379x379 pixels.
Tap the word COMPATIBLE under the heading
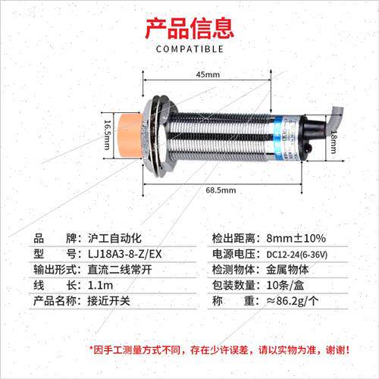point(189,49)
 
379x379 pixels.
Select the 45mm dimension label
point(208,74)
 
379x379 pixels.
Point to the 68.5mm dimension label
point(221,190)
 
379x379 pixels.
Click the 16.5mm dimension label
point(108,135)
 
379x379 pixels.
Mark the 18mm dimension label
point(334,142)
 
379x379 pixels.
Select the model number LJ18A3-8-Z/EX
point(124,254)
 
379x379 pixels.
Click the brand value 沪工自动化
point(114,238)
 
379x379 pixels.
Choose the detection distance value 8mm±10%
point(296,238)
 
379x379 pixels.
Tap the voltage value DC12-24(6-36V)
point(297,255)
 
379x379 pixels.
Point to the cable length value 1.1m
point(100,285)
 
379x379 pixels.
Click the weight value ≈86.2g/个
point(293,301)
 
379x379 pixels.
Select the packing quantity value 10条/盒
point(285,285)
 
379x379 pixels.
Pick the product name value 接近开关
point(108,301)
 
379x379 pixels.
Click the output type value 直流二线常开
point(120,270)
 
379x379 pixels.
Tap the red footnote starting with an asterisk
point(219,350)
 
